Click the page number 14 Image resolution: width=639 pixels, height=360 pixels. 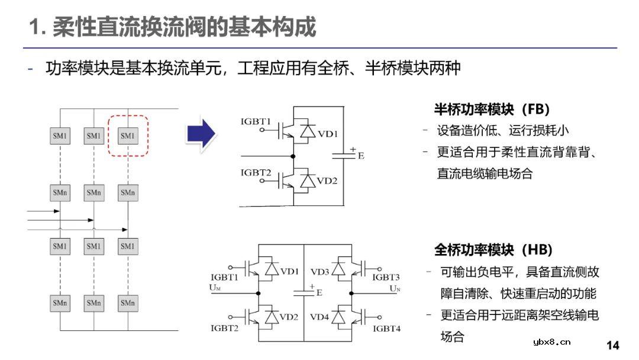coord(613,345)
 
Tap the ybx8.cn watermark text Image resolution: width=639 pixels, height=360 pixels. coord(551,342)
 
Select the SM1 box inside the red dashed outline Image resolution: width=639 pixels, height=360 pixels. coord(128,136)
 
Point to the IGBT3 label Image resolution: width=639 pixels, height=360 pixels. coord(386,277)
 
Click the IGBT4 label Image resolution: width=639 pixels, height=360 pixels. coord(386,328)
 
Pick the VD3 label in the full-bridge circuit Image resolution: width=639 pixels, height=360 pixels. coord(319,272)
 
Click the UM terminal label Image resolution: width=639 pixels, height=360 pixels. coord(215,288)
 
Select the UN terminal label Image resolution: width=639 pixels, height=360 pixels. coord(395,288)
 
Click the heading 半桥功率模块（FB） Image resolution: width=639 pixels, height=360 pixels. coord(492,110)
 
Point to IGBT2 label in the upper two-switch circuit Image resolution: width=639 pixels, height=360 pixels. coord(256,172)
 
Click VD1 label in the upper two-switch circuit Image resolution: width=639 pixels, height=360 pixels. coord(328,134)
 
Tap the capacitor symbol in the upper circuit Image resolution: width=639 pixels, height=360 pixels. coord(344,155)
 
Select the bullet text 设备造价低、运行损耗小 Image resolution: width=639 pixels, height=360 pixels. coord(503,130)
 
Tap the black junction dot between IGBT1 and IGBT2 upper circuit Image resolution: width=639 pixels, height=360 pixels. coord(293,156)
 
